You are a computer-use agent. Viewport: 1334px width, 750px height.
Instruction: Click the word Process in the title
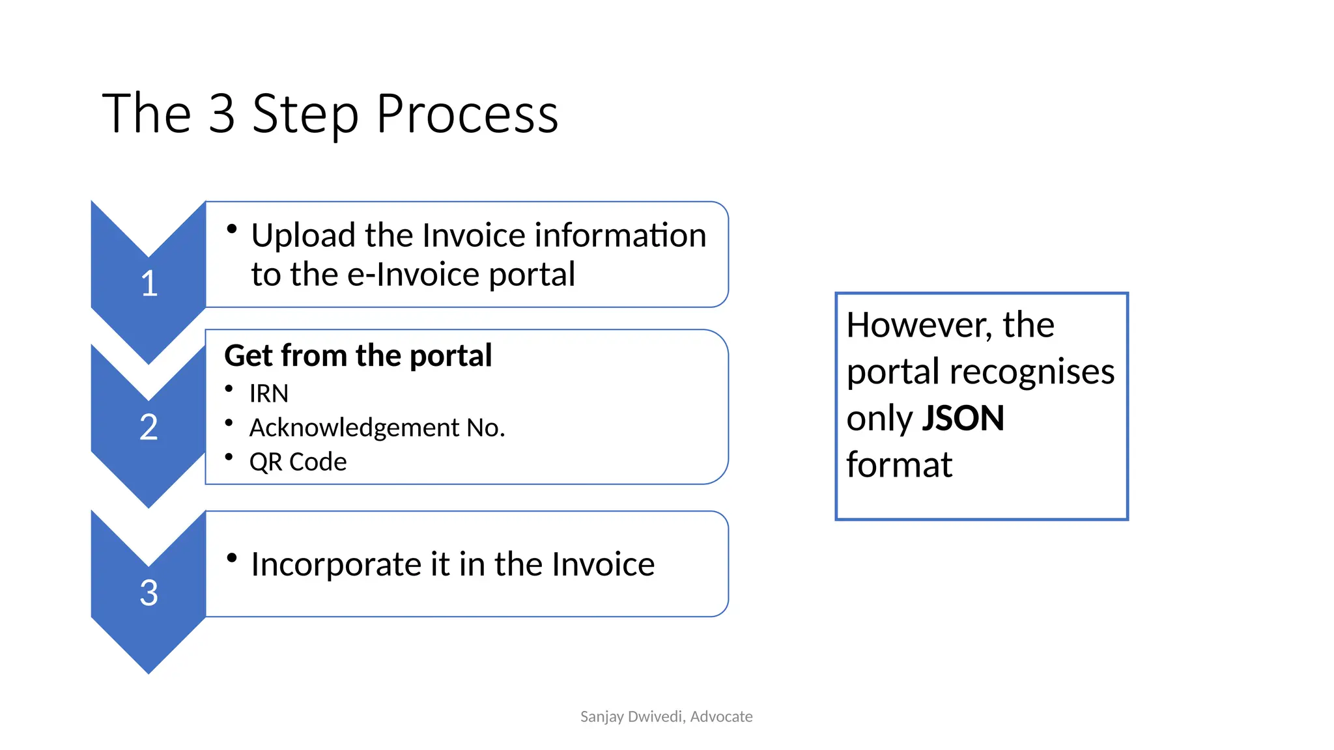467,114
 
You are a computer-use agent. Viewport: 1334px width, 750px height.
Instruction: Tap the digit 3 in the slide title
222,114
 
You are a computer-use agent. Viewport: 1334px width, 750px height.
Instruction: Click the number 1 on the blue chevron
149,284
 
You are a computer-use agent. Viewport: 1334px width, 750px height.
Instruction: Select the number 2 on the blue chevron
149,428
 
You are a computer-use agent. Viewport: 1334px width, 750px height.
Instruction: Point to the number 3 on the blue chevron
149,593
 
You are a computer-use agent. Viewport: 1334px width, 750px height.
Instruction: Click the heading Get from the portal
358,355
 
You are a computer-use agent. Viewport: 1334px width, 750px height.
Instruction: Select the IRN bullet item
268,393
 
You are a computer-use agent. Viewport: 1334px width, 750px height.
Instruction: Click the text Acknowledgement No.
377,428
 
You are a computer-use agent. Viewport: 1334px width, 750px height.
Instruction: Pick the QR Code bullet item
298,462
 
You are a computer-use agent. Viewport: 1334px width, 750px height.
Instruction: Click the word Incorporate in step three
336,564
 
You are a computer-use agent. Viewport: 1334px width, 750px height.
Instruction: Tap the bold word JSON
963,418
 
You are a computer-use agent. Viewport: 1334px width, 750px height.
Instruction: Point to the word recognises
1032,372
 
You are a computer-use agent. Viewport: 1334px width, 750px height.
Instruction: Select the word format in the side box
899,465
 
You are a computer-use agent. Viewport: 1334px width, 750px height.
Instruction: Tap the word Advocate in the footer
721,717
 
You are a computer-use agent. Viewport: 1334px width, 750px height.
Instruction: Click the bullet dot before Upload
231,229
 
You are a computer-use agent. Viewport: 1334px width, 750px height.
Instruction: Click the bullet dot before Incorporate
231,557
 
